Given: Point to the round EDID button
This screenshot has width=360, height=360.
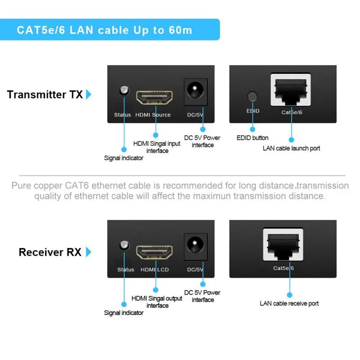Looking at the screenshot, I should tap(253, 96).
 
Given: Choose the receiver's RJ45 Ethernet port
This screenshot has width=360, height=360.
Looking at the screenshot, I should tap(284, 247).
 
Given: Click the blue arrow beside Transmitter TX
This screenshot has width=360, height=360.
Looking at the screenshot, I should tap(89, 94).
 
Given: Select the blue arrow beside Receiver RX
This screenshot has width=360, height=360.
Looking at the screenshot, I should tap(89, 252).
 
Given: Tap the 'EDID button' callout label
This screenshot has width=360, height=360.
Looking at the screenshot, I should tap(252, 138).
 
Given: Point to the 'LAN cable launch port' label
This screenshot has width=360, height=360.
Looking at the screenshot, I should tap(291, 148).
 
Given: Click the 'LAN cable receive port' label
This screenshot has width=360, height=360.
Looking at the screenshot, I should tap(289, 303).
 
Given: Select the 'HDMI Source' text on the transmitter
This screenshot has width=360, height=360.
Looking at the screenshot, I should tap(153, 115).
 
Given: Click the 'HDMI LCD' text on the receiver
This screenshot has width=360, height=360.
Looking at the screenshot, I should tap(154, 270).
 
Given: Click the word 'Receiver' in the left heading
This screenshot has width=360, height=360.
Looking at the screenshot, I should tap(42, 252).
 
